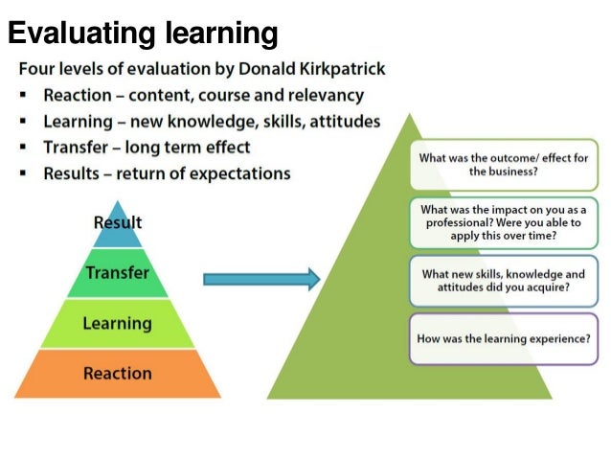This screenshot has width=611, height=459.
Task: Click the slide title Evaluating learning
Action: click(x=143, y=34)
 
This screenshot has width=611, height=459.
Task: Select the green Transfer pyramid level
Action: click(x=117, y=273)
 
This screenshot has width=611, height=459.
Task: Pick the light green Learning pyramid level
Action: click(x=117, y=323)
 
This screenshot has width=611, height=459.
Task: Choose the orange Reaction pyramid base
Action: click(x=117, y=373)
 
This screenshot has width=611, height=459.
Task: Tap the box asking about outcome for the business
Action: click(x=503, y=164)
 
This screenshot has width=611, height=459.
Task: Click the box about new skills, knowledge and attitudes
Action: click(x=503, y=281)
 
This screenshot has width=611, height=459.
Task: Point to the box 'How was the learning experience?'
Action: click(x=503, y=338)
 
